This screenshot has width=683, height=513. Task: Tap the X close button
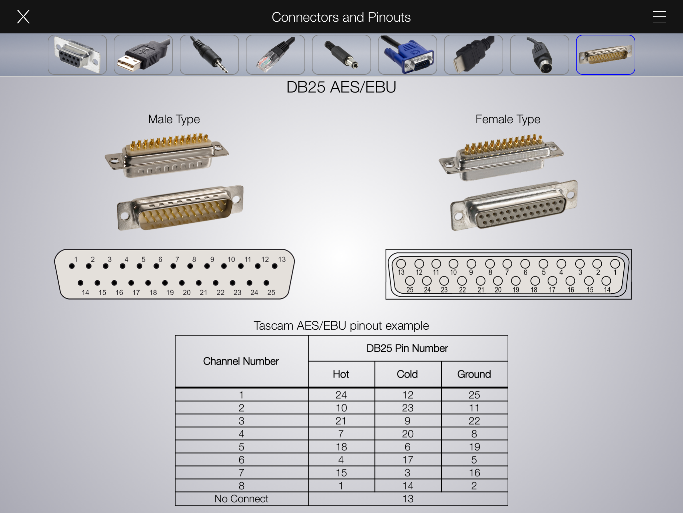(23, 17)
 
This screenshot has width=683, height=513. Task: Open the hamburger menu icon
(659, 17)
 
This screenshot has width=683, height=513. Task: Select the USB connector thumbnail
(143, 55)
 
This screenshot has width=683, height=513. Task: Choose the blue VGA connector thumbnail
(408, 55)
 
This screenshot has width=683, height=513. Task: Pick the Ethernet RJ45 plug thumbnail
(275, 55)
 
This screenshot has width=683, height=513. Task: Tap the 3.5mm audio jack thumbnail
(209, 55)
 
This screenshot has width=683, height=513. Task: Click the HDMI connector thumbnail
(474, 55)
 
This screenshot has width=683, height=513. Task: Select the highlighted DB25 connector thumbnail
(606, 55)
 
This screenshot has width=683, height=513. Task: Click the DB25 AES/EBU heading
(341, 87)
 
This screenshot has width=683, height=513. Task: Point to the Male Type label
(174, 119)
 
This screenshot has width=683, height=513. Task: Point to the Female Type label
(508, 119)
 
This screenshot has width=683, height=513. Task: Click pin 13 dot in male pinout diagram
(274, 266)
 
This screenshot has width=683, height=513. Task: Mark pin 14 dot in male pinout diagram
(80, 283)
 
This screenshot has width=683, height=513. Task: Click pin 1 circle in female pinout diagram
(615, 264)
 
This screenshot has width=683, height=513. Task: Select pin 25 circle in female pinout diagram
(410, 281)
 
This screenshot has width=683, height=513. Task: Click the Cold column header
(408, 374)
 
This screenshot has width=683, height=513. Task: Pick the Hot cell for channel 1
(341, 395)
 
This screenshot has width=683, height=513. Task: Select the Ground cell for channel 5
(475, 447)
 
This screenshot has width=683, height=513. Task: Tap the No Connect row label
(241, 499)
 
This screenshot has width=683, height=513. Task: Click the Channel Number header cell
(241, 361)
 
